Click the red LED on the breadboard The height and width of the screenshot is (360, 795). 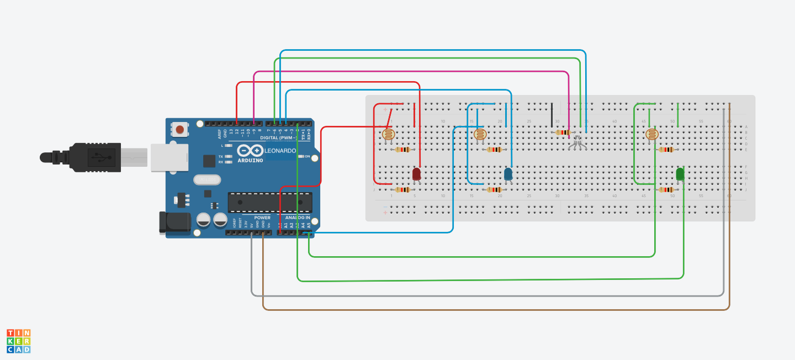[x=417, y=174]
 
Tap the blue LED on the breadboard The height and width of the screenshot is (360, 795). [x=508, y=174]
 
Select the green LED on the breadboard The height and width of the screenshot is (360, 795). [x=680, y=174]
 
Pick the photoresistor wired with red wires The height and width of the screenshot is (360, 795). [x=389, y=134]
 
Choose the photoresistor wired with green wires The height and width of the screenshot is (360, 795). [x=652, y=134]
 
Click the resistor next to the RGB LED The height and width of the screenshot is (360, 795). [x=563, y=133]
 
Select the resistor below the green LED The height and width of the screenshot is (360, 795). [x=666, y=189]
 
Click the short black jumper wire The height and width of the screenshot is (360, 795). [x=551, y=114]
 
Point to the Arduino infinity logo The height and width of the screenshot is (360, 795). [x=250, y=150]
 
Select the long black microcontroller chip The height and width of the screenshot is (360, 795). [x=270, y=202]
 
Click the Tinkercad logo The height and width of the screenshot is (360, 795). [x=19, y=341]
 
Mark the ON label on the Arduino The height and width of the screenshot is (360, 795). [x=307, y=156]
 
